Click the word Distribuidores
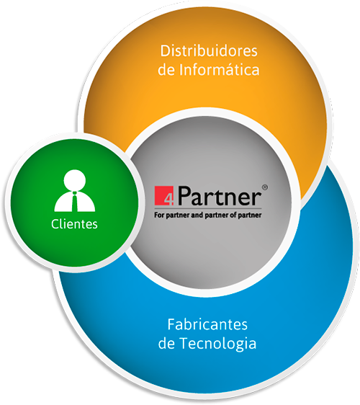coord(209,50)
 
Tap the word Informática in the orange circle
coord(219,70)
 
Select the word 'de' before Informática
coord(166,70)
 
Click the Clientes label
coord(74,224)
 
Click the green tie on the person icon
coord(75,202)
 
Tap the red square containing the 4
coord(164,195)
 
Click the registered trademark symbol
coord(265,187)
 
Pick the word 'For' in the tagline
coord(159,215)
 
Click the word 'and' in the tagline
coord(197,215)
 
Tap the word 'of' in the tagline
coord(233,215)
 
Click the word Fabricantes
coord(207,324)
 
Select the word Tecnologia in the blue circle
coord(218,344)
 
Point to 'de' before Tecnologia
coord(167,344)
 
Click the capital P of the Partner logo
coord(184,196)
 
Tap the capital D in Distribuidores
coord(165,51)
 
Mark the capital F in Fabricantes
coord(171,324)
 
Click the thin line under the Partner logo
coord(208,208)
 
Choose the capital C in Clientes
coord(55,224)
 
